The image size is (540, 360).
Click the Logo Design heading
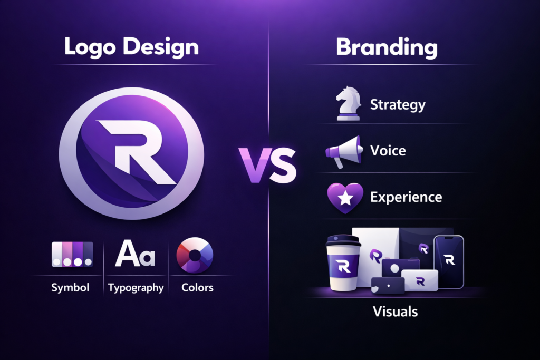[131, 47]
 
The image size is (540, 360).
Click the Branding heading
[387, 47]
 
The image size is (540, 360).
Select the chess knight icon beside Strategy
[349, 104]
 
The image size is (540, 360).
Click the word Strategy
[398, 104]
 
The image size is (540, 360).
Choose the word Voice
[388, 151]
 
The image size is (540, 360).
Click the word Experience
[406, 198]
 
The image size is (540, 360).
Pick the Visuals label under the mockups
[395, 312]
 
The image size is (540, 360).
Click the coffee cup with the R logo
[343, 266]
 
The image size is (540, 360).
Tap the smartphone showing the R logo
[448, 261]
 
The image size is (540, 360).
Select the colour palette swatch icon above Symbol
[72, 255]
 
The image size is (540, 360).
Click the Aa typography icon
[135, 254]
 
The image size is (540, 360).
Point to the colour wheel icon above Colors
[195, 256]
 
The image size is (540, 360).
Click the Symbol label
[70, 288]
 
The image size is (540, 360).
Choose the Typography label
[136, 288]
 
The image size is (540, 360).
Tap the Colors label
[197, 288]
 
